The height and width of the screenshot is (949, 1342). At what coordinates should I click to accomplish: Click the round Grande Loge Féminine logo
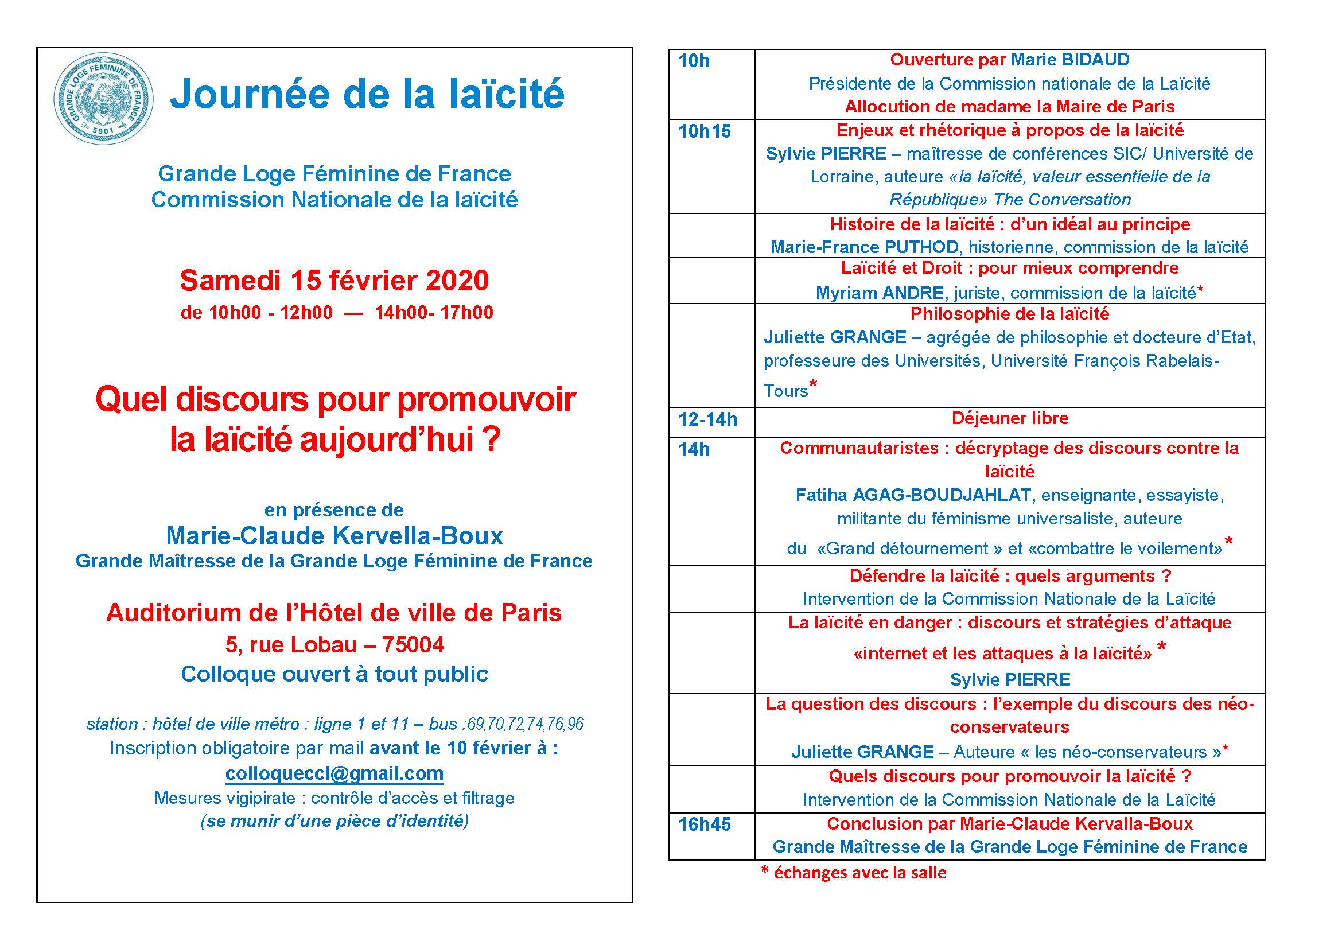(x=103, y=99)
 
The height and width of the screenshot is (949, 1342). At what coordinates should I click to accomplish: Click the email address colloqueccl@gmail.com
(x=334, y=773)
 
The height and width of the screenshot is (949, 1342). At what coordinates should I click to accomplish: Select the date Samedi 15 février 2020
(x=334, y=281)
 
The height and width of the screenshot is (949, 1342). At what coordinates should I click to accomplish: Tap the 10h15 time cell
(x=705, y=131)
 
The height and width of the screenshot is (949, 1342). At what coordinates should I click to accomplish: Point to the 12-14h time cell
(x=707, y=419)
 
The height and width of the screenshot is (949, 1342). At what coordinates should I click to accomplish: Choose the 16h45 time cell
(x=705, y=824)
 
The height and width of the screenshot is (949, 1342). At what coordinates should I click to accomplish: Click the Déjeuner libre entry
(x=1009, y=418)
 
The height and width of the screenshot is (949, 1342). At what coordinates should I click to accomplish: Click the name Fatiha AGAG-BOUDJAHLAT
(x=915, y=495)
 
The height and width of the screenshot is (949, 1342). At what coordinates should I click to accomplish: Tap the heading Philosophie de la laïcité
(x=1009, y=314)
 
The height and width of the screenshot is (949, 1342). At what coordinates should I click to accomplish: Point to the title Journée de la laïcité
(x=367, y=94)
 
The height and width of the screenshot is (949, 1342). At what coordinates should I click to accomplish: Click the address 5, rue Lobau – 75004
(x=334, y=644)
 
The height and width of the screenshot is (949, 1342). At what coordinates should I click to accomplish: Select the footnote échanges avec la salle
(x=859, y=873)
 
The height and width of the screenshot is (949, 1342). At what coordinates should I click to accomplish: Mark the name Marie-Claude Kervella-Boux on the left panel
(x=334, y=536)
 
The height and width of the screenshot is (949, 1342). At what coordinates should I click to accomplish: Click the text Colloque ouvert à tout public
(x=334, y=674)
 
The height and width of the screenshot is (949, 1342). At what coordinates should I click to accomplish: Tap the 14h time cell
(x=694, y=449)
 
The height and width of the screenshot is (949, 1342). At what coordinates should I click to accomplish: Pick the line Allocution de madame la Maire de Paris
(x=1009, y=106)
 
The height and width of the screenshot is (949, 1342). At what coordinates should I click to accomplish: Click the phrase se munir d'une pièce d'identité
(x=334, y=821)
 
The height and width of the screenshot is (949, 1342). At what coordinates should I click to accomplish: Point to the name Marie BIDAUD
(x=1070, y=60)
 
